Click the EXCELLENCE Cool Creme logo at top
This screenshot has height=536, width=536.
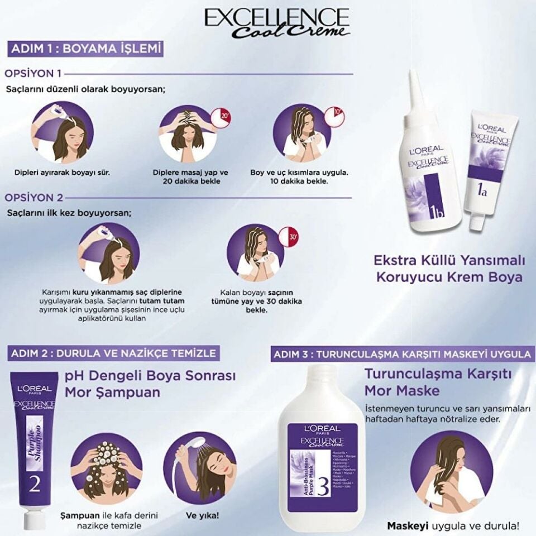[277, 23]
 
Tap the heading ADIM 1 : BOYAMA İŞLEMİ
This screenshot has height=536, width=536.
[85, 49]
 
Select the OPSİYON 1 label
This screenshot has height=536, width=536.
[33, 73]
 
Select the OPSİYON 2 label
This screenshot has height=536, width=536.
[33, 197]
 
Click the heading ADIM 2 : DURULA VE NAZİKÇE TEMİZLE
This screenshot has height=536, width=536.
[112, 352]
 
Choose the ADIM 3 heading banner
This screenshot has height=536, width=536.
[401, 354]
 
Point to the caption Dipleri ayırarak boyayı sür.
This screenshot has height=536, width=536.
[61, 173]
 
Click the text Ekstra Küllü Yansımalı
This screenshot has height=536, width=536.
[449, 260]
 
